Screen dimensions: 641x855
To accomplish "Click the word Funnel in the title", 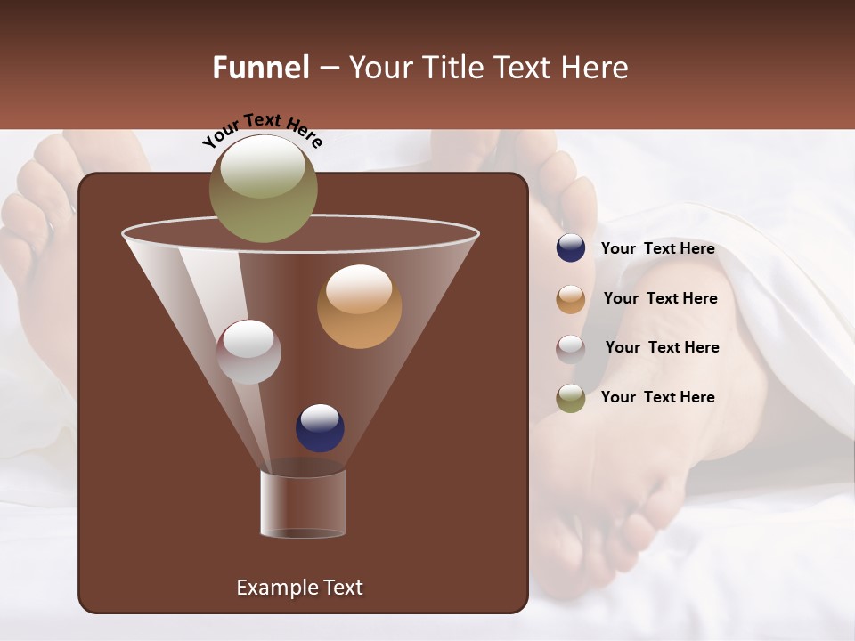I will coord(260,68).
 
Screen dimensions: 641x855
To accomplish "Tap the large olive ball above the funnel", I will coord(263,188).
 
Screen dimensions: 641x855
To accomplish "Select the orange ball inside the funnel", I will coord(359,306).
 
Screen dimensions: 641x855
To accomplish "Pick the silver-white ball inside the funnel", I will coord(248,352).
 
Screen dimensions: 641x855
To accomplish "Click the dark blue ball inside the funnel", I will coord(320,427).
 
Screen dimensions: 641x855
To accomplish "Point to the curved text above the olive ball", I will coord(262,129).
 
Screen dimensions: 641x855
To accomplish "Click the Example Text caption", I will coord(299,588).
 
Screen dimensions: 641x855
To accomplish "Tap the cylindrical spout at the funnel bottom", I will coord(303,504).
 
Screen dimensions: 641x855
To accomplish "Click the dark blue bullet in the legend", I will coord(571,248).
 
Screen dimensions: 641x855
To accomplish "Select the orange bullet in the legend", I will coord(571,299).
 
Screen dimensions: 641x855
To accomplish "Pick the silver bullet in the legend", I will coord(571,348).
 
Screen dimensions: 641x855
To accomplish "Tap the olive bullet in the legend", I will coord(571,398).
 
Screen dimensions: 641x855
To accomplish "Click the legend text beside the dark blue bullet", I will coord(657,249).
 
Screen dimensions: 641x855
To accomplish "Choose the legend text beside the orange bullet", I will coord(660,299).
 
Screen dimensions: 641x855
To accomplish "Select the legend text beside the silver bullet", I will coord(662,347).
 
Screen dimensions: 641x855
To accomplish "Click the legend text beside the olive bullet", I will coord(657,397).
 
